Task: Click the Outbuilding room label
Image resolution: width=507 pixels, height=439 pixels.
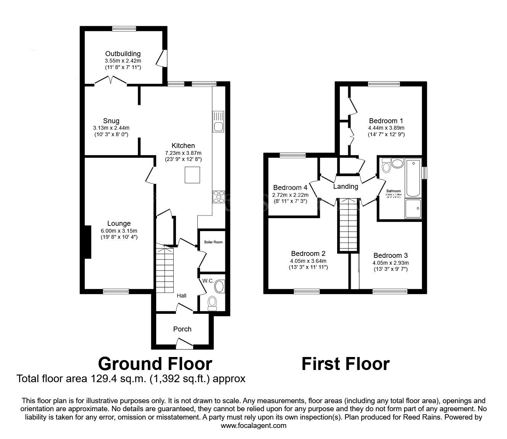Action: click(123, 54)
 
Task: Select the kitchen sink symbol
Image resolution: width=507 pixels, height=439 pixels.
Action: click(219, 122)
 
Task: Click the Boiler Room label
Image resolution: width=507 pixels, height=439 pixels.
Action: click(213, 242)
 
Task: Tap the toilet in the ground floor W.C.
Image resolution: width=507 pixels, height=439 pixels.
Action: click(212, 303)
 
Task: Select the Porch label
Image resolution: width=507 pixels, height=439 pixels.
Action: click(182, 329)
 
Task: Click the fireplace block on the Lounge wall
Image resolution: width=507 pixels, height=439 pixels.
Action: click(87, 242)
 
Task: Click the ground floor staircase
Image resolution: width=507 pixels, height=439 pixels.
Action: click(165, 270)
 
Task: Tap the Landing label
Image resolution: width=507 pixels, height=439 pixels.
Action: click(346, 187)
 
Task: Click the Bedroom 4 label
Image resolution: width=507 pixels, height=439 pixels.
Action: click(290, 188)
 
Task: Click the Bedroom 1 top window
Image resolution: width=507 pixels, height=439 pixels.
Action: click(384, 84)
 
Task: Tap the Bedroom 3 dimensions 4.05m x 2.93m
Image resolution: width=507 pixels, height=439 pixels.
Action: click(391, 263)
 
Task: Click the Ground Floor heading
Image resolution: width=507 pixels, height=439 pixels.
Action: click(155, 364)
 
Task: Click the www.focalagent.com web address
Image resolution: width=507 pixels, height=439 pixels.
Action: click(253, 426)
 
